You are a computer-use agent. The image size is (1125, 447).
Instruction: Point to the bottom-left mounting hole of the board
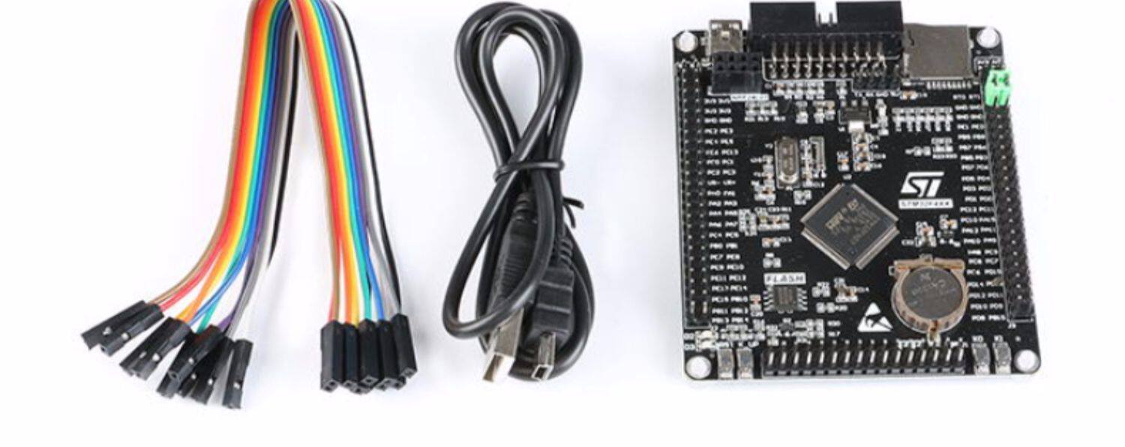[697, 365]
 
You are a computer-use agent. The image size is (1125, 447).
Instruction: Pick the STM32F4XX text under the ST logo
[920, 203]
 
